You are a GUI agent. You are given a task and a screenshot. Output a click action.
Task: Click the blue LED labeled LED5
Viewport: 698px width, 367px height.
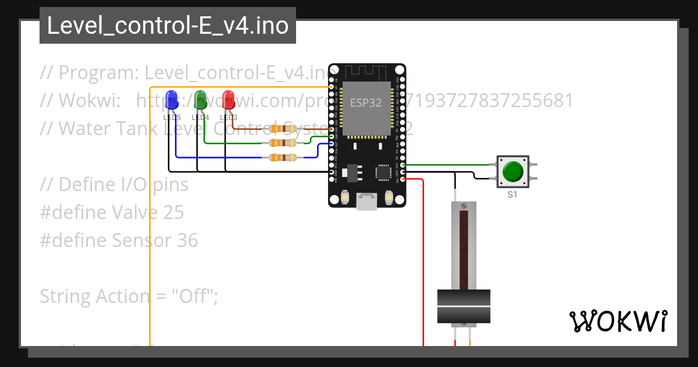tap(172, 100)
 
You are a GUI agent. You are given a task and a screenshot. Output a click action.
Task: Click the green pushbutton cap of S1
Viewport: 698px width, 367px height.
tap(512, 171)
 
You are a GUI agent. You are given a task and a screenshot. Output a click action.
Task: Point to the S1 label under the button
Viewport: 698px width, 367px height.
tap(512, 195)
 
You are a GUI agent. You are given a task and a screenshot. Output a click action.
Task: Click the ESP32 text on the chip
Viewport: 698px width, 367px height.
tap(365, 103)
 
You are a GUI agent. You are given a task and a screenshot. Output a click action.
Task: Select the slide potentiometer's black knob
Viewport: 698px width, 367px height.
tap(464, 306)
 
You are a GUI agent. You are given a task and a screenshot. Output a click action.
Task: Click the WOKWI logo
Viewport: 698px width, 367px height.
tap(618, 321)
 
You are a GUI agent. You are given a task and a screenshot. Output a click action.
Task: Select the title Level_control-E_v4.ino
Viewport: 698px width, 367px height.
tap(168, 26)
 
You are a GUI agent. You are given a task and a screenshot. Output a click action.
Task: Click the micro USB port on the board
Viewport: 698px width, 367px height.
tap(366, 202)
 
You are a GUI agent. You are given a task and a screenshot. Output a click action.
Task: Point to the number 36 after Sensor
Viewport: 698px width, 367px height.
tap(187, 241)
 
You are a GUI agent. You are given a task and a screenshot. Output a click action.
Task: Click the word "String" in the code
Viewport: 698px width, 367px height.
tap(65, 297)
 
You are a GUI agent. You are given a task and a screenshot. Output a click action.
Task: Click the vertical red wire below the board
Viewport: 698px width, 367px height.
tap(423, 262)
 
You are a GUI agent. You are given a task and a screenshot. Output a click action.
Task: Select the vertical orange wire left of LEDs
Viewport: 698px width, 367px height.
tap(151, 233)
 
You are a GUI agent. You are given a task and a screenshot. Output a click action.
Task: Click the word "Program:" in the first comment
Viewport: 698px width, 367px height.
tap(99, 73)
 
